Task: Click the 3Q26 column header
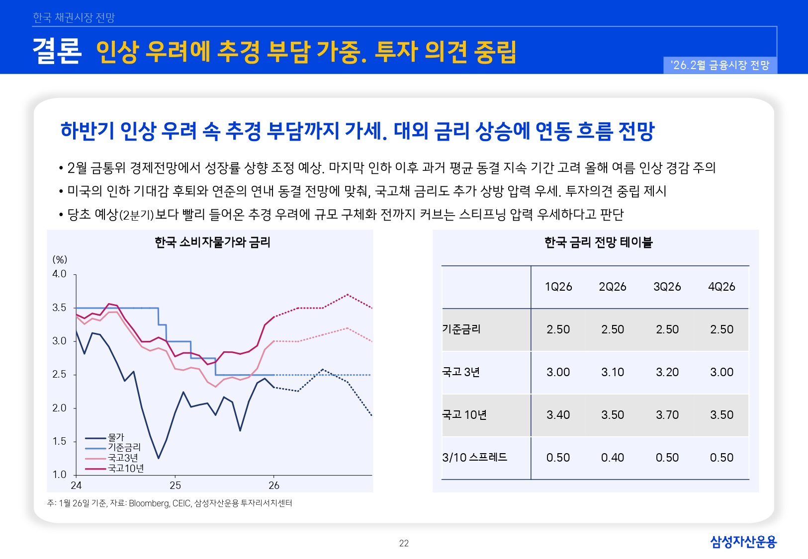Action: click(x=667, y=287)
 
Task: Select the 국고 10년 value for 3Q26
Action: click(x=667, y=415)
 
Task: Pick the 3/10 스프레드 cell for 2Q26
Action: click(x=612, y=458)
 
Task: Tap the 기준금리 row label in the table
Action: click(x=461, y=329)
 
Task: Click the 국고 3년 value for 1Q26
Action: click(x=558, y=372)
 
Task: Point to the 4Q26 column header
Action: click(x=721, y=287)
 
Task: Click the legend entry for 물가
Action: click(x=116, y=438)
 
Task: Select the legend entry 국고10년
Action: click(x=125, y=469)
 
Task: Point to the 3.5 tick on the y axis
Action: click(x=59, y=308)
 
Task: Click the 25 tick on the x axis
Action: click(x=175, y=485)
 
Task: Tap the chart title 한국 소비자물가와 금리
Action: click(x=212, y=242)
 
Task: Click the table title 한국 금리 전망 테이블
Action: click(x=598, y=242)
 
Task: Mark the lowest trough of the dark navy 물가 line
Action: click(x=158, y=458)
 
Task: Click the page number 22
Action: click(x=404, y=544)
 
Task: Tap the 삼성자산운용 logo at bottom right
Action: click(x=743, y=542)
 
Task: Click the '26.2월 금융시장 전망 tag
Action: click(x=719, y=65)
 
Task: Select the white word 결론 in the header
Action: click(x=57, y=51)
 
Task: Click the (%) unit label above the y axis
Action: click(x=60, y=260)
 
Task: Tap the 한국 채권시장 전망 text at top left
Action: click(x=74, y=18)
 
